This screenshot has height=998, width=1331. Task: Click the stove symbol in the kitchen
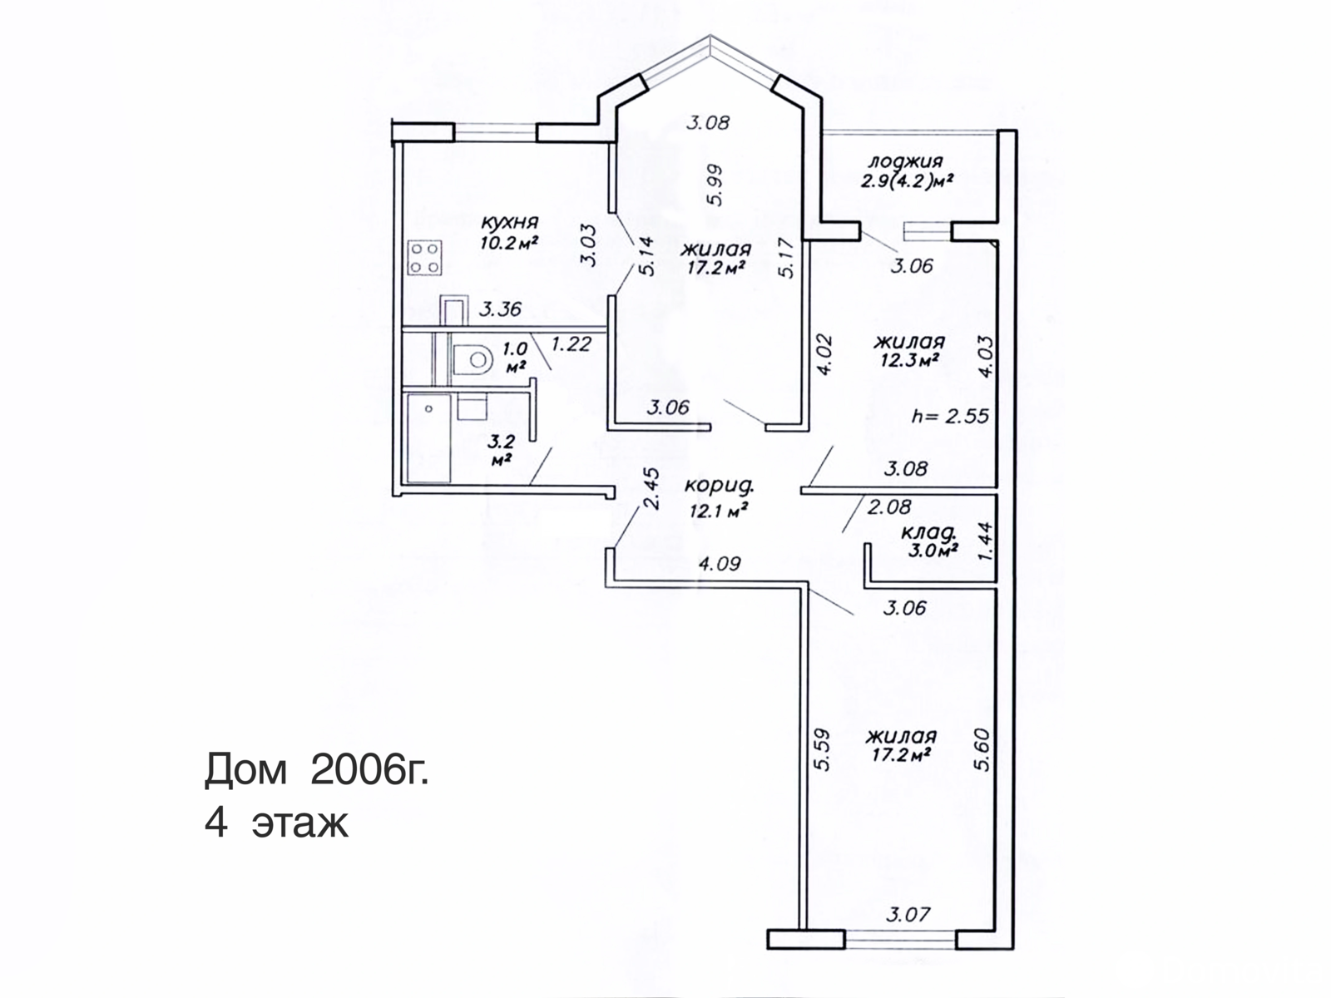[424, 258]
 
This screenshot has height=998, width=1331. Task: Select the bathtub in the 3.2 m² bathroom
[428, 437]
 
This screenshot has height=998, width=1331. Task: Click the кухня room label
[510, 223]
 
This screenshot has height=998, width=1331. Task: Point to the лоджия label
[905, 161]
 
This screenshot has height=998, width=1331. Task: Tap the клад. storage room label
[928, 532]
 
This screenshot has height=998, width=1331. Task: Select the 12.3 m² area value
[909, 360]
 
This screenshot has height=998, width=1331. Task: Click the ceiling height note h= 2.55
[950, 415]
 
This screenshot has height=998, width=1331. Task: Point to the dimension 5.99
[716, 185]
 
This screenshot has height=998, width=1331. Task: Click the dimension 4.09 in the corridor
[720, 564]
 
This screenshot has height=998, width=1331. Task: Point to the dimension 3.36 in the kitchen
[500, 310]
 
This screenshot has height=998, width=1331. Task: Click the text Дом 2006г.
[317, 771]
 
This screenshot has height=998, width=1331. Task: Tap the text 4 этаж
[276, 823]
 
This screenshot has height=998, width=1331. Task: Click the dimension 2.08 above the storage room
[889, 506]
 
